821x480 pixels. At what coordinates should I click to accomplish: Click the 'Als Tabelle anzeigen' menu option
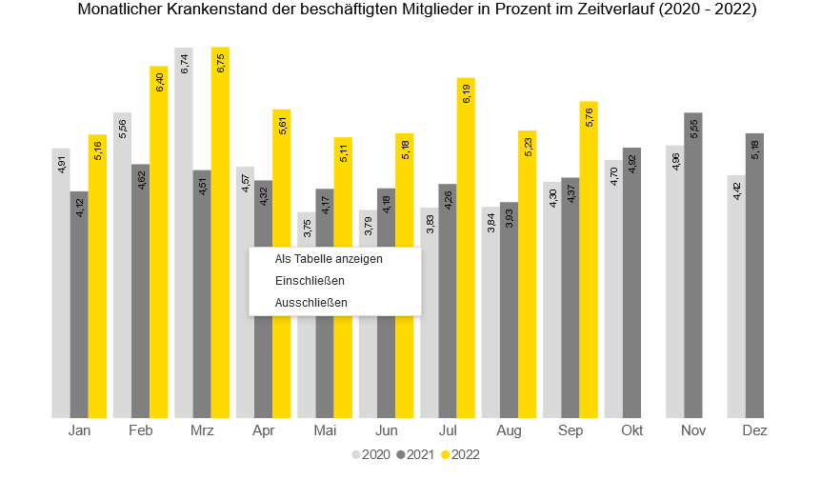(329, 259)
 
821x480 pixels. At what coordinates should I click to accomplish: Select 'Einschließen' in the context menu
(310, 281)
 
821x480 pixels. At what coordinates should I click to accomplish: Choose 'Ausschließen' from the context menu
(310, 303)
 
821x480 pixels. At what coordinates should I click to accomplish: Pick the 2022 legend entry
(460, 455)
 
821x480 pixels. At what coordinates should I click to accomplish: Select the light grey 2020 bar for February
(122, 267)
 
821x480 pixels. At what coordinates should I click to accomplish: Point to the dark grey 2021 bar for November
(693, 267)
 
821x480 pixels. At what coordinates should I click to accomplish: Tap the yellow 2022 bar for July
(465, 248)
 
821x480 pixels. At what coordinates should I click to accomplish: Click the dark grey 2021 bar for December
(754, 276)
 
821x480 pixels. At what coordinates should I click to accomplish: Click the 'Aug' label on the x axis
(510, 431)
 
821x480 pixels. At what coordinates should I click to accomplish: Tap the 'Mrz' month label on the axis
(202, 431)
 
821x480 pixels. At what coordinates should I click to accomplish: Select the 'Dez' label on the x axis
(754, 431)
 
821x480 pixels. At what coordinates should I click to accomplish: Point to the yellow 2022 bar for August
(527, 276)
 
